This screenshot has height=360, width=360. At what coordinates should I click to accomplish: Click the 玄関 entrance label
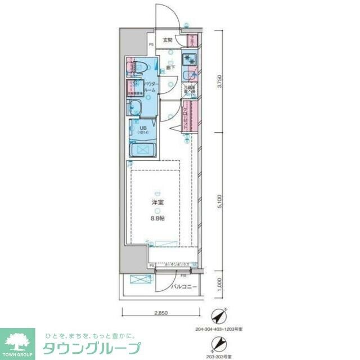point(167,40)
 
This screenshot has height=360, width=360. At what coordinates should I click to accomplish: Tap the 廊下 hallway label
point(170,67)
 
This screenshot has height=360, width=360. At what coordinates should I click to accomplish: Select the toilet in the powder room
point(137,68)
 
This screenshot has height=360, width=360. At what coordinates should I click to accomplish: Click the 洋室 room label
point(157,202)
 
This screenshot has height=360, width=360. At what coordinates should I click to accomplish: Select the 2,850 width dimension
point(161,313)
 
